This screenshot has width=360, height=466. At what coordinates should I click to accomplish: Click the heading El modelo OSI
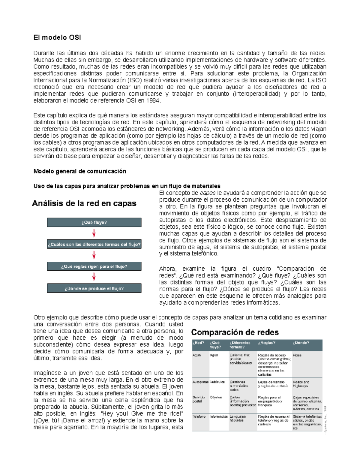(57, 38)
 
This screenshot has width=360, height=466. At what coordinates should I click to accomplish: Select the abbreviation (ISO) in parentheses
(133, 80)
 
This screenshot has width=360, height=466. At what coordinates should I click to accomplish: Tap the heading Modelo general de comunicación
(79, 171)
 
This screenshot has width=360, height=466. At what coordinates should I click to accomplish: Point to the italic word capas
(207, 193)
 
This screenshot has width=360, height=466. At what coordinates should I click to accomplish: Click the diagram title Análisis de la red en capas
(84, 203)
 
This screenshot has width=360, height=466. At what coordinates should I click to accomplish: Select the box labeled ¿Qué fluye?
(94, 223)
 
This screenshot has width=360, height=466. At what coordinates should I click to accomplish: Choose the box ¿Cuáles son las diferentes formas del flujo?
(94, 245)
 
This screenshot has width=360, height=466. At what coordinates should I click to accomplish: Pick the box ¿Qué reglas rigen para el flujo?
(94, 266)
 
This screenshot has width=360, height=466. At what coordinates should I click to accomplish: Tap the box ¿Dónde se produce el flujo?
(94, 288)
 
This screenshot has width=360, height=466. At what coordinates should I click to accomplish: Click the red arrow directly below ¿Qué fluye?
(94, 233)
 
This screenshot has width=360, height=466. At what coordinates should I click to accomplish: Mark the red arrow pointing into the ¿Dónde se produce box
(94, 277)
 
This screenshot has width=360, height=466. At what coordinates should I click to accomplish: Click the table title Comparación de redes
(235, 332)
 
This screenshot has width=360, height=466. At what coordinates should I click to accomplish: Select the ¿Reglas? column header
(266, 343)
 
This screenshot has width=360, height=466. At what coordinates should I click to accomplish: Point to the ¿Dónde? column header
(301, 343)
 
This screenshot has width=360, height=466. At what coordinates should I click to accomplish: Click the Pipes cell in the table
(297, 355)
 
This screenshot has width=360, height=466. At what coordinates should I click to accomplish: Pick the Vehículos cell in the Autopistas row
(217, 382)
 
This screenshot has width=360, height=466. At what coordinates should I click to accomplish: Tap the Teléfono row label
(199, 417)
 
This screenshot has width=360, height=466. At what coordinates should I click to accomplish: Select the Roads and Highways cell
(301, 384)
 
